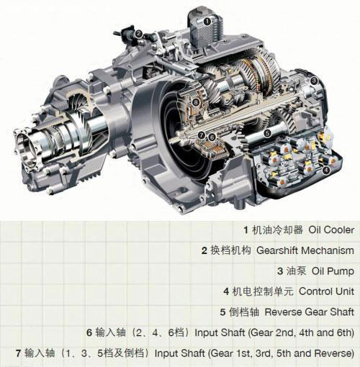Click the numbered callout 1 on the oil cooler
(207, 22)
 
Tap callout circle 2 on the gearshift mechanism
(139, 34)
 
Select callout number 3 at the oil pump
(314, 81)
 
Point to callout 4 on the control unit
(326, 171)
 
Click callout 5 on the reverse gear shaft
(268, 133)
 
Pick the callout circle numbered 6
(212, 137)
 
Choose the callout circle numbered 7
(201, 135)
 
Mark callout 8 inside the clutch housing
(196, 102)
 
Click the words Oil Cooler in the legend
(331, 230)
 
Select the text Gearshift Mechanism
(305, 250)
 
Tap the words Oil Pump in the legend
(333, 271)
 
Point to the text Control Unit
(326, 291)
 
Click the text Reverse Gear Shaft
(310, 312)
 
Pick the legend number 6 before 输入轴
(89, 333)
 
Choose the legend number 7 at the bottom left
(19, 353)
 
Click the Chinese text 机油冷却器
(277, 230)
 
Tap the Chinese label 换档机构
(230, 250)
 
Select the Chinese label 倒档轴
(244, 312)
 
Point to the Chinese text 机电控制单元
(263, 291)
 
